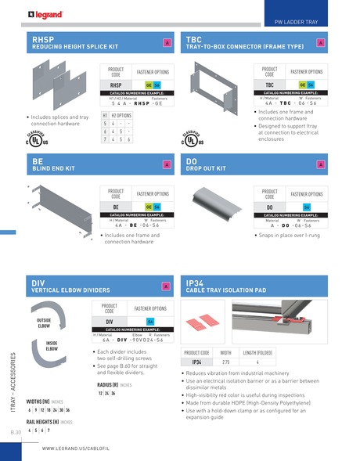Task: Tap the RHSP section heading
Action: (42, 38)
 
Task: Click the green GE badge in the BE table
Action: (149, 207)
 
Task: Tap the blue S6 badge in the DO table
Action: (306, 207)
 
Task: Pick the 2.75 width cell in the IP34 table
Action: (225, 362)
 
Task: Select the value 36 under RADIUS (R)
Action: (113, 394)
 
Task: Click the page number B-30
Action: (16, 431)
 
